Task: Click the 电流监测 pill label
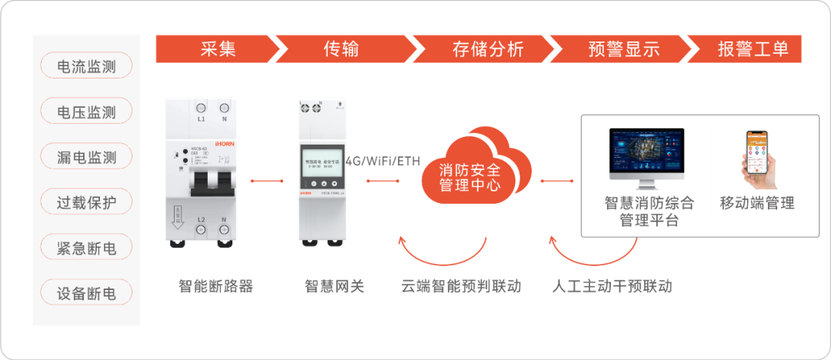pos(86,66)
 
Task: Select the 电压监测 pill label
pos(86,112)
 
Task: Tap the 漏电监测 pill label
pos(86,157)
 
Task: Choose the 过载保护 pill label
pos(86,202)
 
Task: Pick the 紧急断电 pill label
pos(86,248)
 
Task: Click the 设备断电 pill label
pos(86,293)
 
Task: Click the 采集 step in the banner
pos(218,49)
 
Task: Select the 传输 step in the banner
pos(341,49)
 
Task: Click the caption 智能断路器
pos(215,287)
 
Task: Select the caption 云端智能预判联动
pos(461,287)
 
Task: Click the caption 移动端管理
pos(756,204)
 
